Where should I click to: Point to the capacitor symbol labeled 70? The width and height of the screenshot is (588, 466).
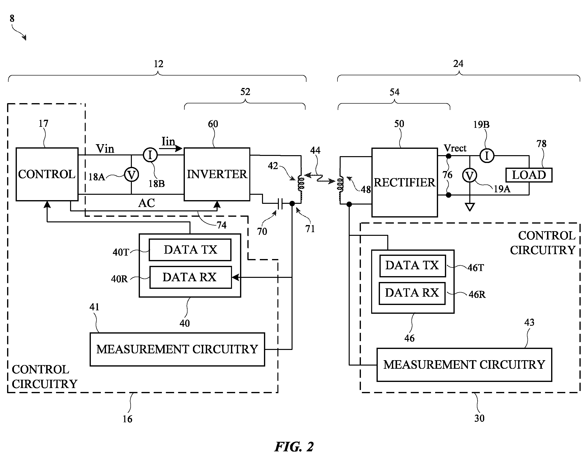click(x=280, y=204)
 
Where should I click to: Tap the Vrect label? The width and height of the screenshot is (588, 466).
click(x=455, y=148)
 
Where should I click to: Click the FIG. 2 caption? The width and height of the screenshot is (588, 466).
click(x=294, y=447)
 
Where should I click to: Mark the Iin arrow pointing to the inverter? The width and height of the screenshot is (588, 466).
click(x=171, y=148)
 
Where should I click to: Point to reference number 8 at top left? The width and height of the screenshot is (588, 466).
click(x=12, y=19)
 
